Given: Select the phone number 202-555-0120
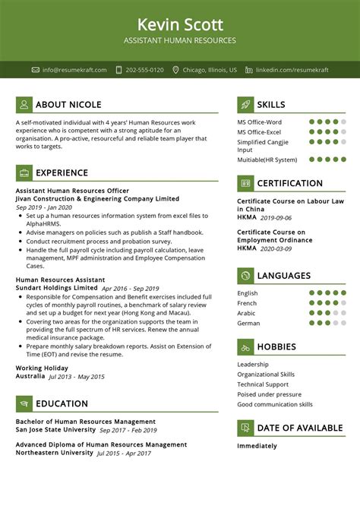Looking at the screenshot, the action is pyautogui.click(x=144, y=70).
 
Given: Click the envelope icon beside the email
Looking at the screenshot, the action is pyautogui.click(x=36, y=70).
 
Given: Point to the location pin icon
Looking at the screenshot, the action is pyautogui.click(x=175, y=70).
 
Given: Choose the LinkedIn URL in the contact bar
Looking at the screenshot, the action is pyautogui.click(x=292, y=70).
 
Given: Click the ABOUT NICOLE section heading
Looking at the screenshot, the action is pyautogui.click(x=68, y=105).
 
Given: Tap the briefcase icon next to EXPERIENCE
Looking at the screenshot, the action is pyautogui.click(x=24, y=172).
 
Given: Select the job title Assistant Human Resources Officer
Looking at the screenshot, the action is pyautogui.click(x=72, y=191).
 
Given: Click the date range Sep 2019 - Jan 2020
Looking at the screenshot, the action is pyautogui.click(x=44, y=207).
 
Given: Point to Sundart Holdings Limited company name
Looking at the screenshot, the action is pyautogui.click(x=56, y=288).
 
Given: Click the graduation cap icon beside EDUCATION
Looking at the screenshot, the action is pyautogui.click(x=24, y=404).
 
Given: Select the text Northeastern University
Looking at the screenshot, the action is pyautogui.click(x=55, y=453).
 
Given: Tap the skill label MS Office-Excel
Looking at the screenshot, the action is pyautogui.click(x=259, y=131).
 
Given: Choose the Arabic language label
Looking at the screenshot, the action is pyautogui.click(x=248, y=312).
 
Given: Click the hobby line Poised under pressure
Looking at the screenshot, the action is pyautogui.click(x=269, y=394).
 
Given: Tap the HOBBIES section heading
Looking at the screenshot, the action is pyautogui.click(x=276, y=347).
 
